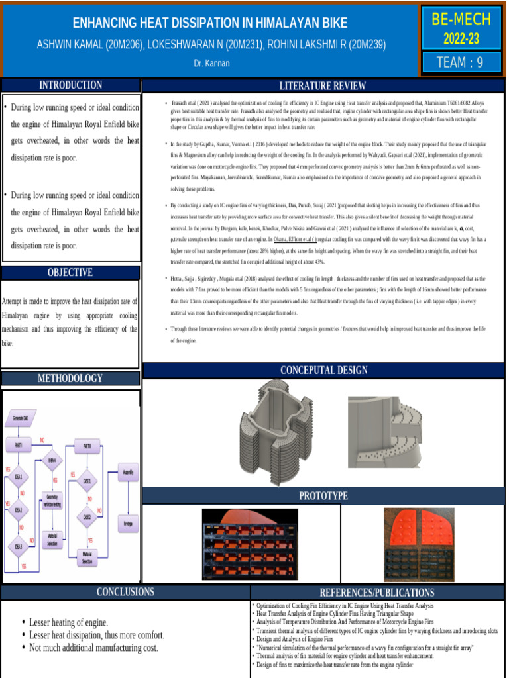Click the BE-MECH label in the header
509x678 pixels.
point(461,19)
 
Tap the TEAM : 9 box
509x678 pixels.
point(461,62)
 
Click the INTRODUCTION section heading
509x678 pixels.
point(71,85)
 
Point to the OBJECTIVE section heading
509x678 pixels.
point(71,272)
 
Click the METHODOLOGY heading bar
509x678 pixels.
point(71,378)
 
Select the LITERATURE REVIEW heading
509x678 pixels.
point(323,86)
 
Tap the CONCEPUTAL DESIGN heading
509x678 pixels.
point(323,370)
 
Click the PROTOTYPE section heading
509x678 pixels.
point(323,495)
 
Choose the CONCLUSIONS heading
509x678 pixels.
point(125,591)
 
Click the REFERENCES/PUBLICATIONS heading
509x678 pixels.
point(378,592)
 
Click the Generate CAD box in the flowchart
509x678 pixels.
point(20,418)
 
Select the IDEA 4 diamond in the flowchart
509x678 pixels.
point(52,460)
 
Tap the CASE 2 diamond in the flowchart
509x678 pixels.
point(87,516)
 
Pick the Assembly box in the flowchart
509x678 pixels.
point(128,473)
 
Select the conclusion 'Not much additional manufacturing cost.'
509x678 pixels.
point(93,648)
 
